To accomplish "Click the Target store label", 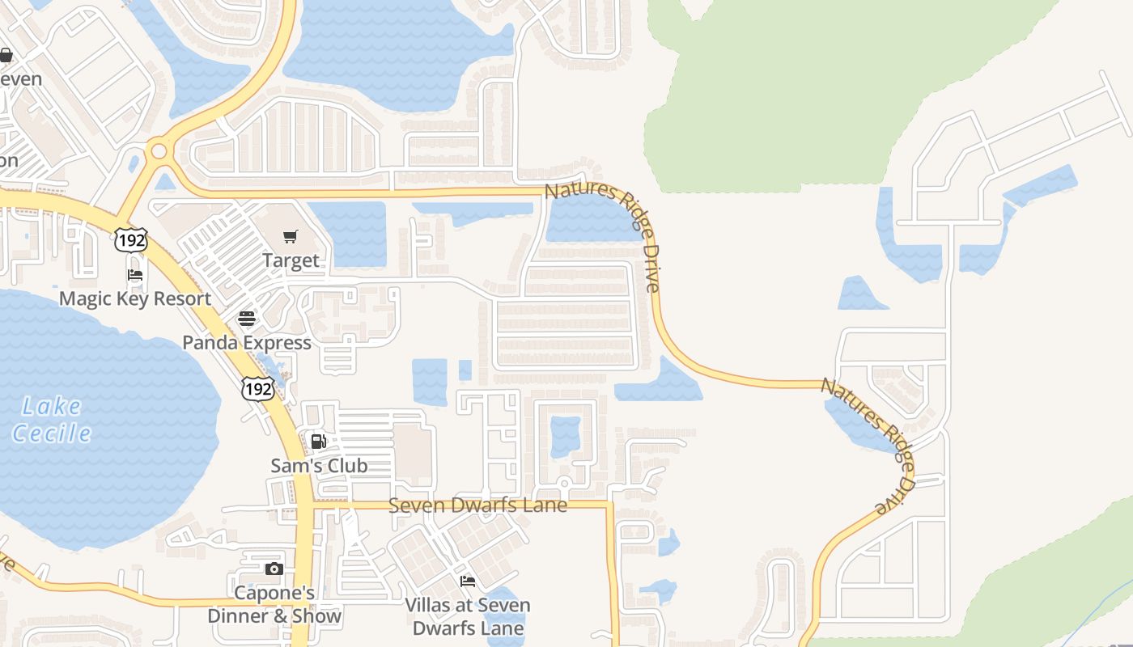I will (291, 261).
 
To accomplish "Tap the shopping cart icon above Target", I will (290, 236).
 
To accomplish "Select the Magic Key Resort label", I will (135, 298).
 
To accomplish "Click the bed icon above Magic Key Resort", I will (135, 275).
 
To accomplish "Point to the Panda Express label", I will (247, 343).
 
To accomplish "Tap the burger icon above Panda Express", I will (247, 318).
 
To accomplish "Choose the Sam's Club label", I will (319, 466).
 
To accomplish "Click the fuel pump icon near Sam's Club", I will (319, 441).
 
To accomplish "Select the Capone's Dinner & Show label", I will (274, 604).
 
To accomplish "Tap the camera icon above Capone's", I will (274, 569).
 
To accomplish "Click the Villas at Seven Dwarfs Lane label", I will (468, 616).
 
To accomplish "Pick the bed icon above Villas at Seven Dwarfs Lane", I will (467, 581).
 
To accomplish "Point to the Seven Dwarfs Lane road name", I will (477, 505).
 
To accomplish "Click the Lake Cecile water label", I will (52, 419).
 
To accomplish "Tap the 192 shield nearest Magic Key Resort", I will (130, 239).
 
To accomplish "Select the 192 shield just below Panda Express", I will (258, 389).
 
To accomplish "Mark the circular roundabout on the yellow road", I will (159, 150).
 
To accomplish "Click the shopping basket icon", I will (6, 55).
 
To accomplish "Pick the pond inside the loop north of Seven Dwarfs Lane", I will (566, 436).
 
